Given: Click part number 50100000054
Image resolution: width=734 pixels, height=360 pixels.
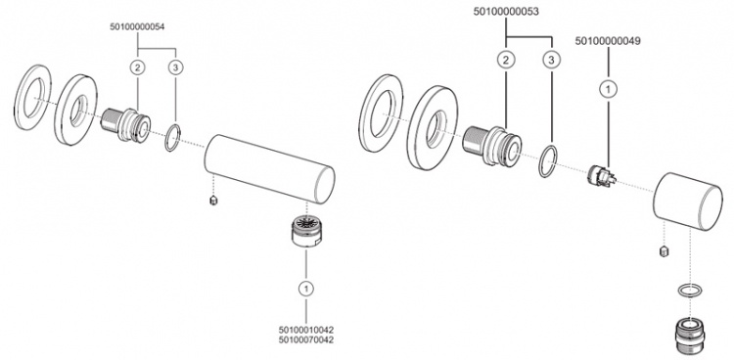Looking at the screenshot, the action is [x=137, y=27].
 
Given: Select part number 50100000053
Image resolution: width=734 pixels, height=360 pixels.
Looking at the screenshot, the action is [x=506, y=12].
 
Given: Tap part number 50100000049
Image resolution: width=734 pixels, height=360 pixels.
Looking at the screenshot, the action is [x=608, y=41].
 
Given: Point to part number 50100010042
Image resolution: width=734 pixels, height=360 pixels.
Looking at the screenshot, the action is [x=306, y=330].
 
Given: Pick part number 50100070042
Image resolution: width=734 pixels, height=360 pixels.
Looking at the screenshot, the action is [x=306, y=339].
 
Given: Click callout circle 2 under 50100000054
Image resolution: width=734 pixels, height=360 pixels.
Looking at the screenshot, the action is [x=137, y=67].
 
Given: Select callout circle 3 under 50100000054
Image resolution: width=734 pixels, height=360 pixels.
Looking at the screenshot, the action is [x=175, y=67].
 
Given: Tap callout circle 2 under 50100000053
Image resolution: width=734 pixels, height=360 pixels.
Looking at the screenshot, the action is [x=506, y=60].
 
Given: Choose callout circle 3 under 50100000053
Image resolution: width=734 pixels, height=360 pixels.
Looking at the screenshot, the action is [x=551, y=60].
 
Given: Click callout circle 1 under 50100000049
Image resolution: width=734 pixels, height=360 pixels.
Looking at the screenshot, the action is [x=608, y=89].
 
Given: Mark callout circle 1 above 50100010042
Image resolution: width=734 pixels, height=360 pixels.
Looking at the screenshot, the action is [x=306, y=289].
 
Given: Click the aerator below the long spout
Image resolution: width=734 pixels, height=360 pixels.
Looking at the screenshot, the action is [x=305, y=231].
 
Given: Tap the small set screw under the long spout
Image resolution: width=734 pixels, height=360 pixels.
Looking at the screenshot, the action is [x=213, y=201].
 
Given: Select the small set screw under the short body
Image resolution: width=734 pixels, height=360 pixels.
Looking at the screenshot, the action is [x=663, y=250].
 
